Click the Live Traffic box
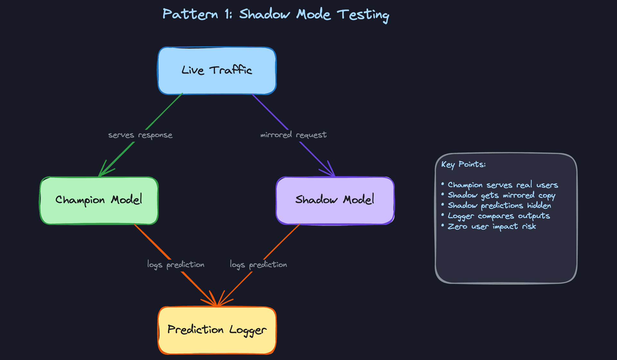217,71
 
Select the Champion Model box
99,200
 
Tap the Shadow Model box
335,200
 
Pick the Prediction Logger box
217,330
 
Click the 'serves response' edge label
140,135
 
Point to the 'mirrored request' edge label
293,135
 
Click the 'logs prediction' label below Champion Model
175,265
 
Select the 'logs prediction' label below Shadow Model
258,265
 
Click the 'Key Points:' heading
463,165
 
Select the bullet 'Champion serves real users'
503,185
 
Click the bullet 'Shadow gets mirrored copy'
501,195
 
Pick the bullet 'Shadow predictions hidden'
499,206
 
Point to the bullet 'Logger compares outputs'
499,216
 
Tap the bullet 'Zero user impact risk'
492,227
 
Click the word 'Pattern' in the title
190,14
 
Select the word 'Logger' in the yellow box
248,330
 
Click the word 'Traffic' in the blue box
231,70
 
